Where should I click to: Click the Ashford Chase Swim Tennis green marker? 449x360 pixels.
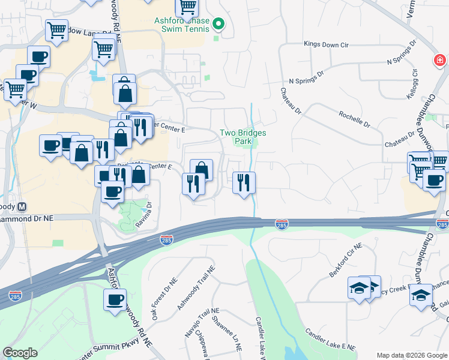coord(218,25)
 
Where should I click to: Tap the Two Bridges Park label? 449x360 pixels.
coord(243,137)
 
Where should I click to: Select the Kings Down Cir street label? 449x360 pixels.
coord(325,44)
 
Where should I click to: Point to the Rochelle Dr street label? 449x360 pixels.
coord(354,118)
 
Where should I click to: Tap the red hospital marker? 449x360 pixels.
coord(439,60)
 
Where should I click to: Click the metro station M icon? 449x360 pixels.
coord(22,206)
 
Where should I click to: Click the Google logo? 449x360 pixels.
coord(20,353)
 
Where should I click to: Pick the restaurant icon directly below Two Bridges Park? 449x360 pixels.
coord(244,182)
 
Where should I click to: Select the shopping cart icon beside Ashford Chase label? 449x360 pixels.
coord(187,8)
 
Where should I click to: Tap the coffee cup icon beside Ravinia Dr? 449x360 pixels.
coord(112,192)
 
